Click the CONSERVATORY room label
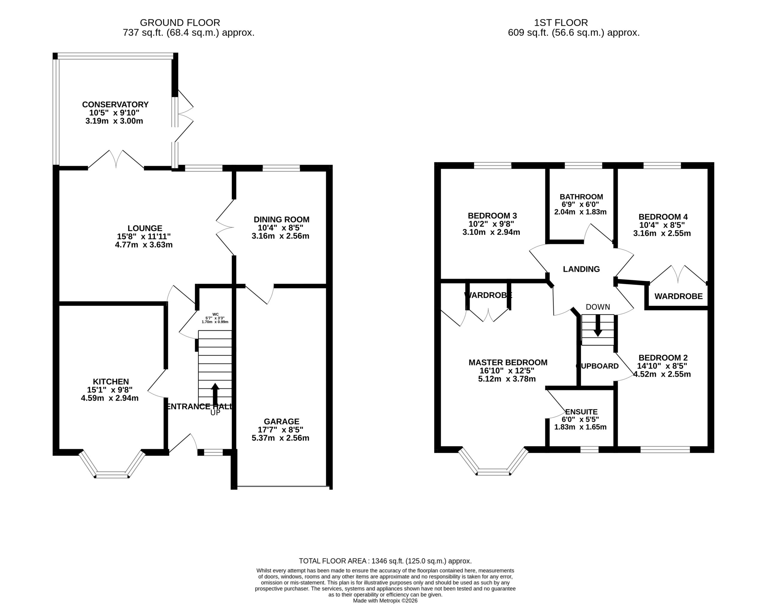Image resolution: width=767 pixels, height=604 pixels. tap(115, 105)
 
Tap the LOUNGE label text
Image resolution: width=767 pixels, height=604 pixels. tap(145, 228)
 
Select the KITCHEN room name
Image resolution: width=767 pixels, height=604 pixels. tap(111, 382)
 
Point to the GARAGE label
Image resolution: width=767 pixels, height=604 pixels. tap(281, 422)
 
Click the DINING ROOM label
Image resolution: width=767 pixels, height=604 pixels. tap(281, 220)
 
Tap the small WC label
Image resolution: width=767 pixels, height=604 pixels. tap(215, 314)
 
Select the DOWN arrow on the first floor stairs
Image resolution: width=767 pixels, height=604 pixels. tap(598, 325)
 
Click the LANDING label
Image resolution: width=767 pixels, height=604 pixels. tap(581, 269)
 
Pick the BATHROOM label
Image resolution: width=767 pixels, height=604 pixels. tap(581, 197)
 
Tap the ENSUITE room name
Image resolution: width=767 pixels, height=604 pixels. tap(581, 412)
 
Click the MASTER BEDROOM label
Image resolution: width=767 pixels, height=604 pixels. tap(508, 363)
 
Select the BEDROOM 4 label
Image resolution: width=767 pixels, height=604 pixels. tap(663, 217)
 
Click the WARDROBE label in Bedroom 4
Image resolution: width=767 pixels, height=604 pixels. tap(679, 296)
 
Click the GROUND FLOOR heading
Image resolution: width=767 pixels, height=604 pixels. tap(180, 23)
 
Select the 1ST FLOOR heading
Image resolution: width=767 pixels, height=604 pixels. tap(561, 23)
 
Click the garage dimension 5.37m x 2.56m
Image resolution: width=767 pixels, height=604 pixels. tap(280, 438)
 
